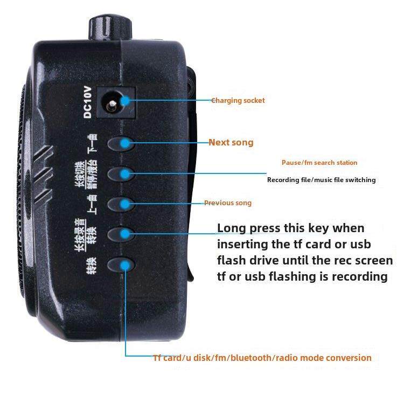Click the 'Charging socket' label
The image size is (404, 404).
point(238,100)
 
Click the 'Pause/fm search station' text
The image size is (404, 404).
point(319,163)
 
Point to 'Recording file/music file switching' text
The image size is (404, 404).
point(321,180)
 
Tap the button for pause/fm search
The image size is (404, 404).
point(121,174)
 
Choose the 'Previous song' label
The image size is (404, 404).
point(227,203)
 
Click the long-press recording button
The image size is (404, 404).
point(121,234)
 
